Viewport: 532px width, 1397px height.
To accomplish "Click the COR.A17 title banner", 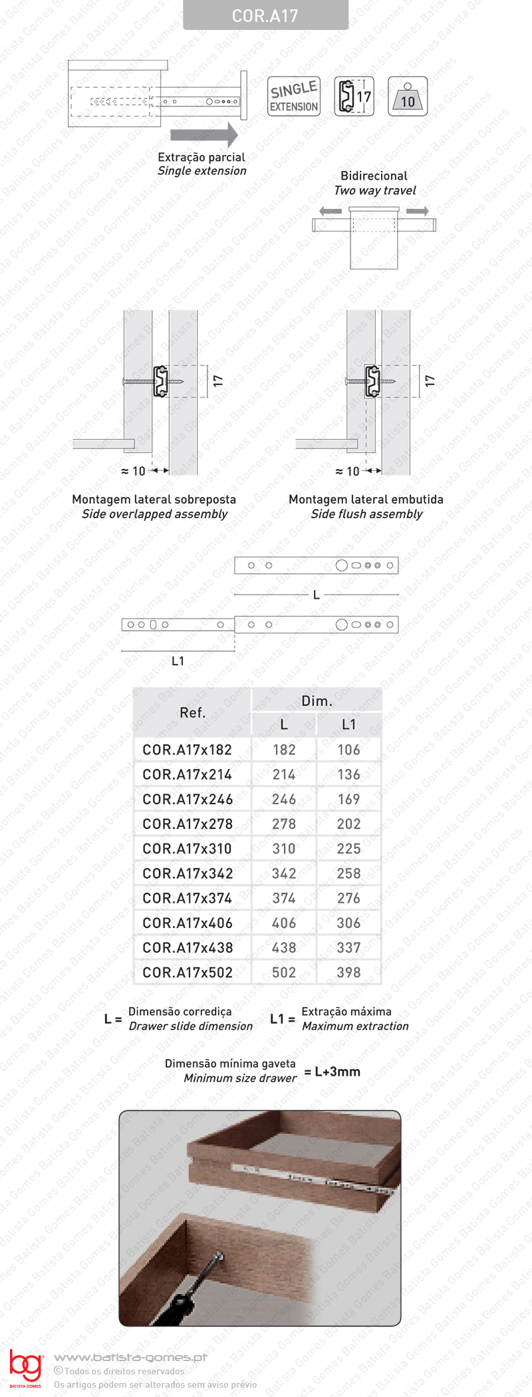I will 265,15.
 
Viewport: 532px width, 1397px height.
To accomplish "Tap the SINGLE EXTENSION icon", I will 294,96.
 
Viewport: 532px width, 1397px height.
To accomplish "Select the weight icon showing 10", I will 407,97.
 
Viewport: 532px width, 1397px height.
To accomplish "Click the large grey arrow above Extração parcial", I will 204,134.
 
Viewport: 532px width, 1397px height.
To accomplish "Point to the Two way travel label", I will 375,190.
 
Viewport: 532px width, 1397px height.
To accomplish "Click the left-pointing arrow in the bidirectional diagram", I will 331,212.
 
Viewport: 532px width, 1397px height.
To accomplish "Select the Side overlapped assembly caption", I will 154,514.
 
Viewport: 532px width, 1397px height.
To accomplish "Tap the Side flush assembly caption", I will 366,514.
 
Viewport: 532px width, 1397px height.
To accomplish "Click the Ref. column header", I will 192,712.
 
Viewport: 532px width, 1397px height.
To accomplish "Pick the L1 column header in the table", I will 348,724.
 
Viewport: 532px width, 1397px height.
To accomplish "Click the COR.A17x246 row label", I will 188,799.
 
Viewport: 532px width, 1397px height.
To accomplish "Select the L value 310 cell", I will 284,849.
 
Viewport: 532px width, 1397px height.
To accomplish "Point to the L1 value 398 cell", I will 348,973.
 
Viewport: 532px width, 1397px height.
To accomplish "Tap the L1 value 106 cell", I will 348,750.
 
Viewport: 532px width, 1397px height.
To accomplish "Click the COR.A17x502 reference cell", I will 188,973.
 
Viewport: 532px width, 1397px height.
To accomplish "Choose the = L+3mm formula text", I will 332,1071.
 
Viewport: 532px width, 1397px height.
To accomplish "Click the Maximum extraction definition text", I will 355,1026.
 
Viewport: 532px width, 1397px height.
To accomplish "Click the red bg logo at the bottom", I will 25,1366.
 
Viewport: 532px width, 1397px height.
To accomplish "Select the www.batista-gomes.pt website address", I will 130,1357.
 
